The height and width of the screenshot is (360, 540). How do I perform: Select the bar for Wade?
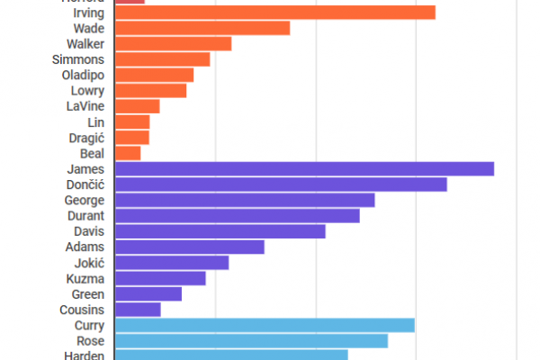[x=202, y=28]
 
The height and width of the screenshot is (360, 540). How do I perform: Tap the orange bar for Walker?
[x=174, y=43]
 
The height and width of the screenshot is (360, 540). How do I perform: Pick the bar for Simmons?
[x=163, y=59]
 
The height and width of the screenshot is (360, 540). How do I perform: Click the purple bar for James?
[x=305, y=168]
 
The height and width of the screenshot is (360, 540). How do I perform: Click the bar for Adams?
[x=190, y=247]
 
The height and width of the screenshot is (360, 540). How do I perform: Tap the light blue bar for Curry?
[x=265, y=325]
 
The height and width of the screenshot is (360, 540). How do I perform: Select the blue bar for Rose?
[x=252, y=341]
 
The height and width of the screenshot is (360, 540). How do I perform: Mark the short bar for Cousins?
[x=138, y=310]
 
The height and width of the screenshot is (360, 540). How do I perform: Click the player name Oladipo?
[x=84, y=75]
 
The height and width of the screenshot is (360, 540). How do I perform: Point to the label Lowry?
[x=87, y=91]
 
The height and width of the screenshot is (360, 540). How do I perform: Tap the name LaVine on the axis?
[x=86, y=106]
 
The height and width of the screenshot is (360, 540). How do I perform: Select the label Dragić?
[x=87, y=138]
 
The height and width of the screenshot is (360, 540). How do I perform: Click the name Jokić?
[x=89, y=263]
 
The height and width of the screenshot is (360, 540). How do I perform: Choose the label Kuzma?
[x=86, y=278]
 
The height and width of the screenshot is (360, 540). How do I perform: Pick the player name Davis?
[x=89, y=231]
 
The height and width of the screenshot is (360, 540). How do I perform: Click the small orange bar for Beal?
[x=129, y=153]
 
